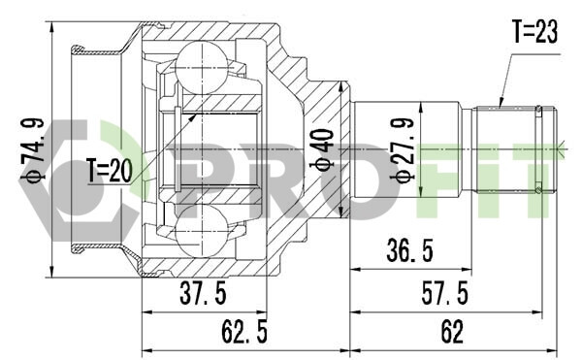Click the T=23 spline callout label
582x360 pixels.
[x=534, y=31]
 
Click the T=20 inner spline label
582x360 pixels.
[x=110, y=171]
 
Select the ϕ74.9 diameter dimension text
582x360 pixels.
[x=33, y=150]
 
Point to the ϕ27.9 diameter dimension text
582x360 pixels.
[x=403, y=149]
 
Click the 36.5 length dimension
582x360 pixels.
[x=409, y=250]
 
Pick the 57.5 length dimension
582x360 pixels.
[x=444, y=293]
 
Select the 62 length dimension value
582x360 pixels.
[x=452, y=332]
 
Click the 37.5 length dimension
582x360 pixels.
[x=203, y=293]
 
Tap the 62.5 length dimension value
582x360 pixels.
[x=244, y=332]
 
